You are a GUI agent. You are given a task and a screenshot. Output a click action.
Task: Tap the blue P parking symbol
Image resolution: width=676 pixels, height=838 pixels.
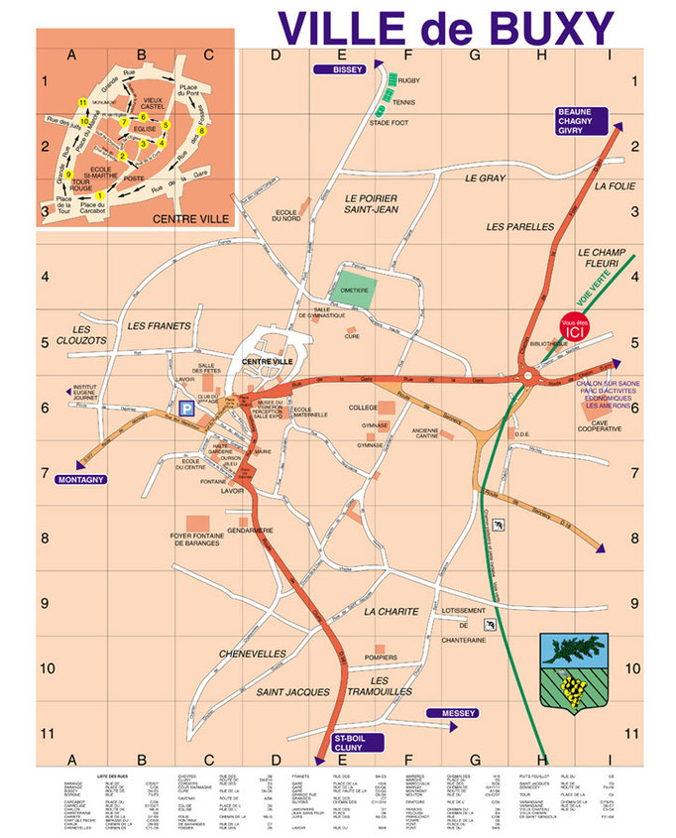coord(184,408)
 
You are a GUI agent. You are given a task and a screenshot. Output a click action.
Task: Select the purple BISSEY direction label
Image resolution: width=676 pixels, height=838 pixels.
coord(340,69)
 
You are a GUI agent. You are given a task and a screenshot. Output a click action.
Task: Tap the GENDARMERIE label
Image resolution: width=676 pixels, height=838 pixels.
coord(250,531)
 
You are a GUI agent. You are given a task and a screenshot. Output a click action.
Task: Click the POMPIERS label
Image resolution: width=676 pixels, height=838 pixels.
coord(381,658)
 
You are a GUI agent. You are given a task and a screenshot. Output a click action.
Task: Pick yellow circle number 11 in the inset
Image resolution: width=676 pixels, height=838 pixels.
coord(81,103)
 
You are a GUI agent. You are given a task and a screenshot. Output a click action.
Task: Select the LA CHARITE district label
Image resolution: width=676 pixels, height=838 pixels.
coord(392,612)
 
